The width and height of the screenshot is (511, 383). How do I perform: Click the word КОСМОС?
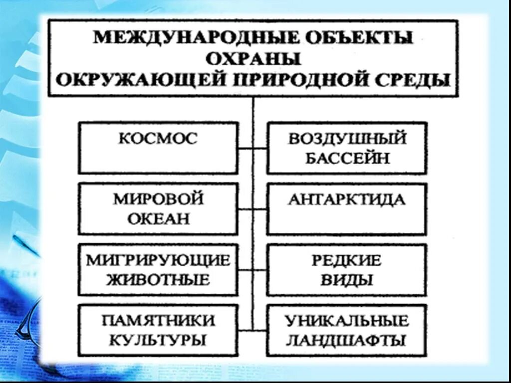(158, 138)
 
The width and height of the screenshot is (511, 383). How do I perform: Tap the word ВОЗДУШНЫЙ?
(347, 138)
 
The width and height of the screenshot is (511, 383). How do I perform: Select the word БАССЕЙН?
(347, 159)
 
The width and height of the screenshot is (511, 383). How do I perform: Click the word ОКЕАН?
(158, 219)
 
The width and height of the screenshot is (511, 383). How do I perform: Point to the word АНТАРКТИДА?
(347, 199)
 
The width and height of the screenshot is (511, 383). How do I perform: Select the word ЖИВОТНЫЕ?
(158, 279)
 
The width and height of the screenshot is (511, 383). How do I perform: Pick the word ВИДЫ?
(347, 279)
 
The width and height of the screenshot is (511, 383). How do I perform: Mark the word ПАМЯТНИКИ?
(158, 320)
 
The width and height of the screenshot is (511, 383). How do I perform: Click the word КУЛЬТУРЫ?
(158, 341)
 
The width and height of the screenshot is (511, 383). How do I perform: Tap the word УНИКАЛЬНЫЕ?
(347, 320)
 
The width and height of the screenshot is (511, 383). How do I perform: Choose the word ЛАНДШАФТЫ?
(347, 341)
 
